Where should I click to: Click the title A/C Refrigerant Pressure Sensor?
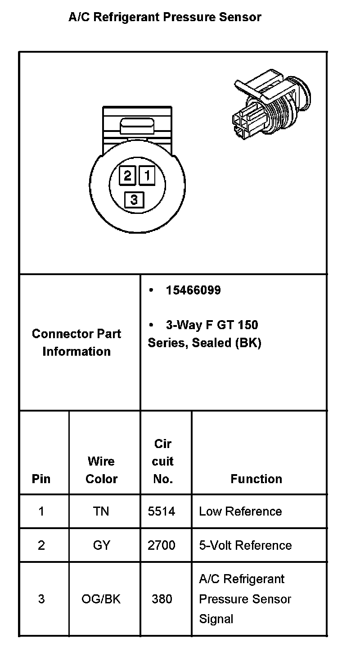(165, 18)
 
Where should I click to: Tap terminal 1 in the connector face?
(147, 175)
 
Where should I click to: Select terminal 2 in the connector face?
(128, 175)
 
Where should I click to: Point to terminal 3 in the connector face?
(134, 199)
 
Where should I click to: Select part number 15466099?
(193, 290)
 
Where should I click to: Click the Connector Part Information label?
(76, 343)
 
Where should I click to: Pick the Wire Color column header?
(101, 470)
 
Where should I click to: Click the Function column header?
(256, 479)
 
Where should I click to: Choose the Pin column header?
(41, 479)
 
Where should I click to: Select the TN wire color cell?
(101, 512)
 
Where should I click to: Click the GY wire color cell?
(101, 545)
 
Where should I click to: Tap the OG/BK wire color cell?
(101, 599)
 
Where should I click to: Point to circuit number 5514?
(162, 512)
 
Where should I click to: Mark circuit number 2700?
(162, 545)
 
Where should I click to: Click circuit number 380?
(162, 599)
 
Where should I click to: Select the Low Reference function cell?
(240, 512)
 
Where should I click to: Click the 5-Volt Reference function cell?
(245, 545)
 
